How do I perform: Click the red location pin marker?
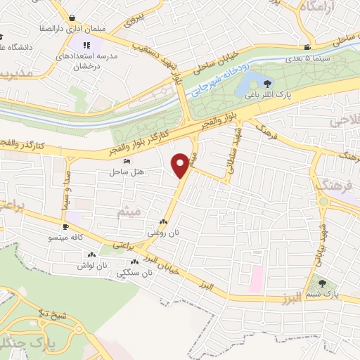[181, 165]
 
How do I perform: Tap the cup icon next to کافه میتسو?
[66, 227]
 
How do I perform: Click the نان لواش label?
[91, 266]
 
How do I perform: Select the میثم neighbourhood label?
[131, 211]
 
